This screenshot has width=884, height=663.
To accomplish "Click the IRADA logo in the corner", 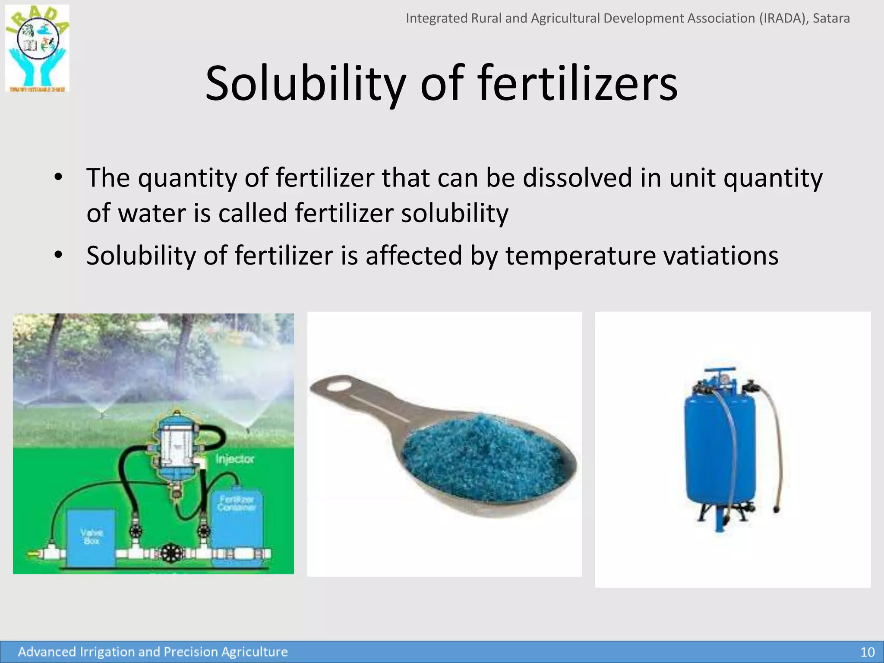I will (37, 48).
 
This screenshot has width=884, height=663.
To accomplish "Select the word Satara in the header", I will (831, 18).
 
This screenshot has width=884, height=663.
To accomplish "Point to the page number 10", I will (867, 652).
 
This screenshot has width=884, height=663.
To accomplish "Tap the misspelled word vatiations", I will (721, 256).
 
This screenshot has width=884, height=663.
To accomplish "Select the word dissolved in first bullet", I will (577, 178).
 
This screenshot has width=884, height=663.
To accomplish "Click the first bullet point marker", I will (59, 177).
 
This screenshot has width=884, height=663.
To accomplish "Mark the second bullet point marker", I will (59, 255).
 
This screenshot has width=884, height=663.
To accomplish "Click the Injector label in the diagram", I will (235, 459).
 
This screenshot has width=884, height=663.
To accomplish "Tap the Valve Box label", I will (92, 537).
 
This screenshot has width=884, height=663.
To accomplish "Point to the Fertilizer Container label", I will (237, 503).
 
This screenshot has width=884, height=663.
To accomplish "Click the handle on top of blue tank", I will (719, 370).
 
